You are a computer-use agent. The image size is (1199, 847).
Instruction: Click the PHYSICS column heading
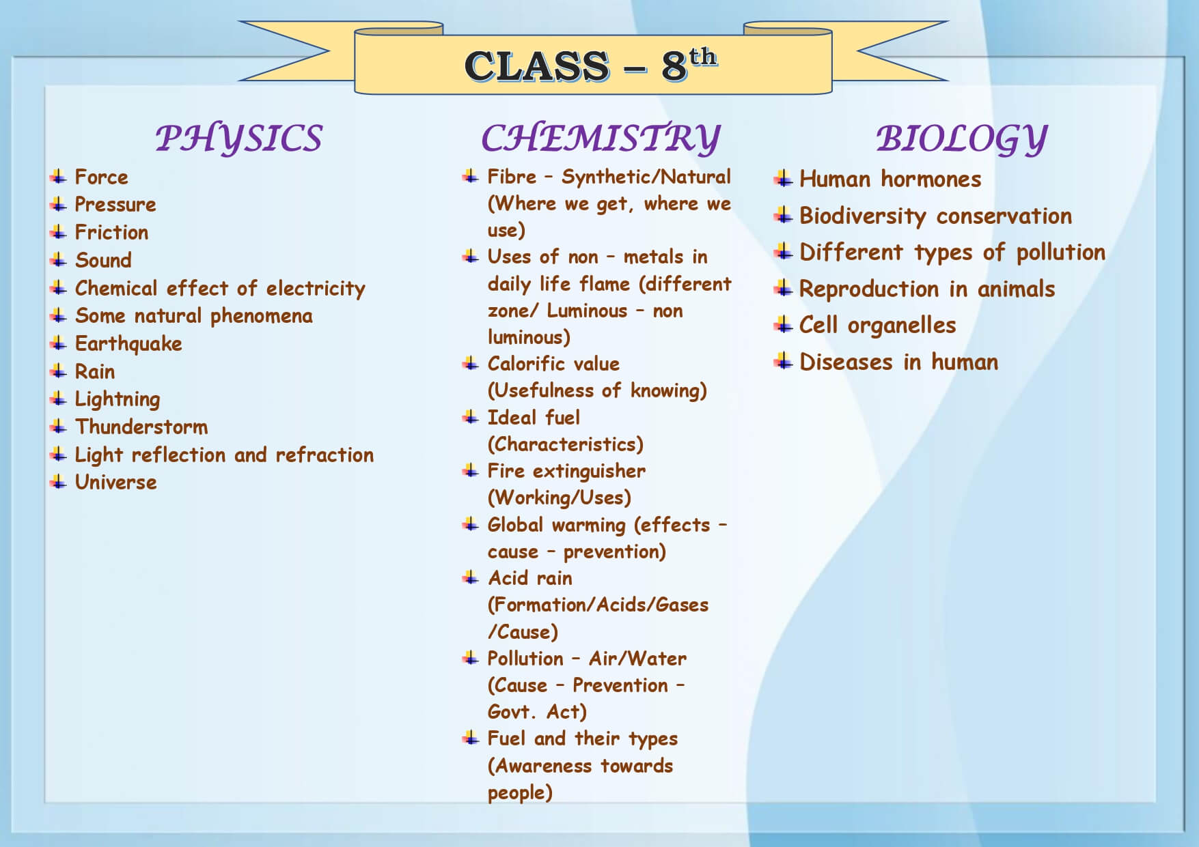[238, 139]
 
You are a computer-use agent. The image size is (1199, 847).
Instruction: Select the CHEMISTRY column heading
[601, 139]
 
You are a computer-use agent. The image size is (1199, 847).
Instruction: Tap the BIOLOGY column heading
[961, 139]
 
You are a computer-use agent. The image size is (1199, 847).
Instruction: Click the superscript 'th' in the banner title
[702, 56]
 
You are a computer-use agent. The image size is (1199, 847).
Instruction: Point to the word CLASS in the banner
[537, 66]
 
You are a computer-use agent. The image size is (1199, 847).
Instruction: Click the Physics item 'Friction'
[111, 232]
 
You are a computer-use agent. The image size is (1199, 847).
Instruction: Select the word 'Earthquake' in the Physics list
[128, 344]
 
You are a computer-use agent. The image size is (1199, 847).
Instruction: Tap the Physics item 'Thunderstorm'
[141, 427]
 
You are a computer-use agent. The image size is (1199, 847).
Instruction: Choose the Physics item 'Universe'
[116, 482]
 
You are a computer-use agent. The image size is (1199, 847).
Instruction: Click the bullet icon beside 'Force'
[59, 177]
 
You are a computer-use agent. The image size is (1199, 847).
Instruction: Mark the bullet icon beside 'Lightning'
[59, 399]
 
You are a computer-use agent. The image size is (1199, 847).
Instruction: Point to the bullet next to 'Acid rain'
[470, 578]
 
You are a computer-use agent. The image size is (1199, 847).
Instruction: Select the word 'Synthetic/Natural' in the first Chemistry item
[646, 177]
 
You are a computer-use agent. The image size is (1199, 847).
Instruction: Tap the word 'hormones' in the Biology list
[931, 180]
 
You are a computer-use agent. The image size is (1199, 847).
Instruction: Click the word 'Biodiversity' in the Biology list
[863, 216]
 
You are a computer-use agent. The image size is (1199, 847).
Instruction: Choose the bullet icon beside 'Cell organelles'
[783, 325]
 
